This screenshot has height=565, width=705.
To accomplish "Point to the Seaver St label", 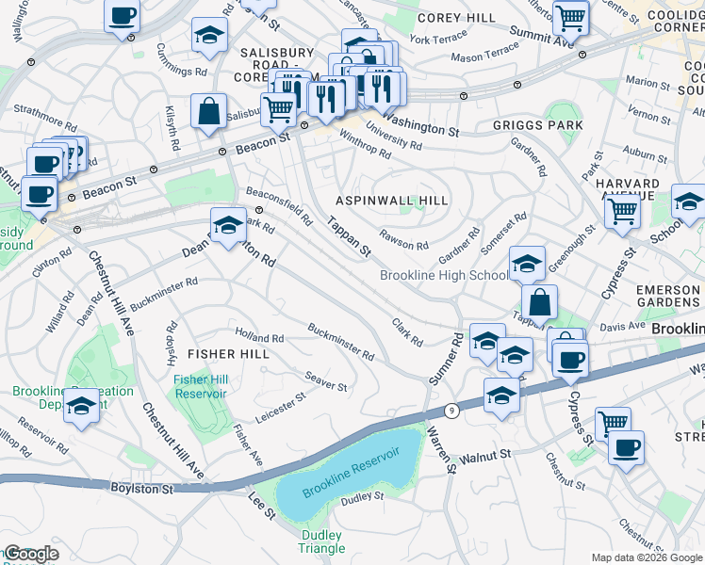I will click(x=326, y=380).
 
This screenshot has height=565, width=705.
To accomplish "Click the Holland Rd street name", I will click(x=259, y=337).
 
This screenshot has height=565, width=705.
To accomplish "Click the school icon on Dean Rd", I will click(x=226, y=226).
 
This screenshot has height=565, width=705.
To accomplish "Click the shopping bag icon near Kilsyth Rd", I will click(x=207, y=111).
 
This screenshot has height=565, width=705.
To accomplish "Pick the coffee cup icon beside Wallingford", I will click(x=122, y=16).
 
